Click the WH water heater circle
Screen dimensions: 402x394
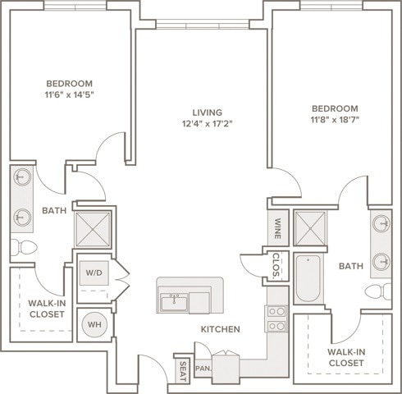94,324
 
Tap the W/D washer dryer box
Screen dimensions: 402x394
94,273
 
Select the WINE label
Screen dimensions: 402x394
277,228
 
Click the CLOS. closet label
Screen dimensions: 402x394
276,265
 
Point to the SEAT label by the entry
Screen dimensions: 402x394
183,371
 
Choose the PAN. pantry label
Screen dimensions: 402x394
203,369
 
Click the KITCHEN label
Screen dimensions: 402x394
221,329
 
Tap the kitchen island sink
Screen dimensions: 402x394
174,303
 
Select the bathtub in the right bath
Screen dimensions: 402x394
308,278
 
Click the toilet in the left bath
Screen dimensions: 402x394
24,247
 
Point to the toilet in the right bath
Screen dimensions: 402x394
378,291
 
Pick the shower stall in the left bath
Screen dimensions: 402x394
93,229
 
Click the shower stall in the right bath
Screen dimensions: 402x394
310,228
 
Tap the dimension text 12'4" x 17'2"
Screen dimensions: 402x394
208,124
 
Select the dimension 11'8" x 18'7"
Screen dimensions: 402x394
335,120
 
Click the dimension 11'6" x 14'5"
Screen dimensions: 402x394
70,95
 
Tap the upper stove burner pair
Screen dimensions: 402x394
276,311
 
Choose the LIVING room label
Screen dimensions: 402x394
208,112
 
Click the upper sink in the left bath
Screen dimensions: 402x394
22,177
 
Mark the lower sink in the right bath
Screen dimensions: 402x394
381,262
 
